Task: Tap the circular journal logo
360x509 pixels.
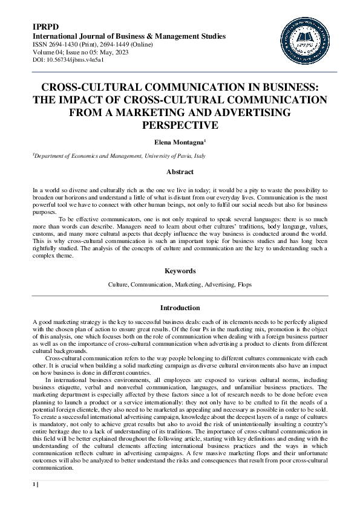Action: click(x=305, y=41)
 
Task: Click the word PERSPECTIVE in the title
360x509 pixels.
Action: click(x=179, y=125)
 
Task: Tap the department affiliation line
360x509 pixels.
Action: click(x=120, y=155)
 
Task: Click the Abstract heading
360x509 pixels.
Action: click(x=180, y=172)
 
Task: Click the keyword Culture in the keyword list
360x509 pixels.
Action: click(x=118, y=284)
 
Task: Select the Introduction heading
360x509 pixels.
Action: click(x=180, y=308)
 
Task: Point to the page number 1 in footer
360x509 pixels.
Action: click(x=34, y=484)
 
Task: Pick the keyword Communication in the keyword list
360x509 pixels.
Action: click(x=151, y=284)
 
